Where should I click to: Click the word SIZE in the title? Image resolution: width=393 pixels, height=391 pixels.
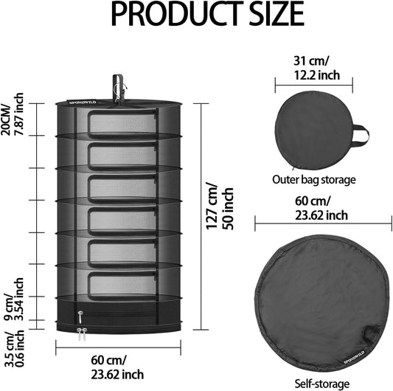[277, 14]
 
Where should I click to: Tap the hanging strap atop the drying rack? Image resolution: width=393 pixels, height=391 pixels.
[118, 89]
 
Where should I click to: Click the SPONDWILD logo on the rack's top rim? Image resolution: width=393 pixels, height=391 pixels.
[83, 103]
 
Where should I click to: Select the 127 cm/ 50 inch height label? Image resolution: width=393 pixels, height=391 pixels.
[220, 209]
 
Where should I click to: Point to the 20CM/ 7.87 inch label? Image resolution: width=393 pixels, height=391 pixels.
[12, 114]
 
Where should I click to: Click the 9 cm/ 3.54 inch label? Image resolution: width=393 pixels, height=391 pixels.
[14, 300]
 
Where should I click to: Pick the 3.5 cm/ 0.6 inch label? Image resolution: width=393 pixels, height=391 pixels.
[14, 349]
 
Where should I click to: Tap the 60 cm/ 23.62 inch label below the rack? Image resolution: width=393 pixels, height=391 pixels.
[117, 367]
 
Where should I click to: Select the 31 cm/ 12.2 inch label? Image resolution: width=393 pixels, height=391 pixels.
[317, 68]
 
